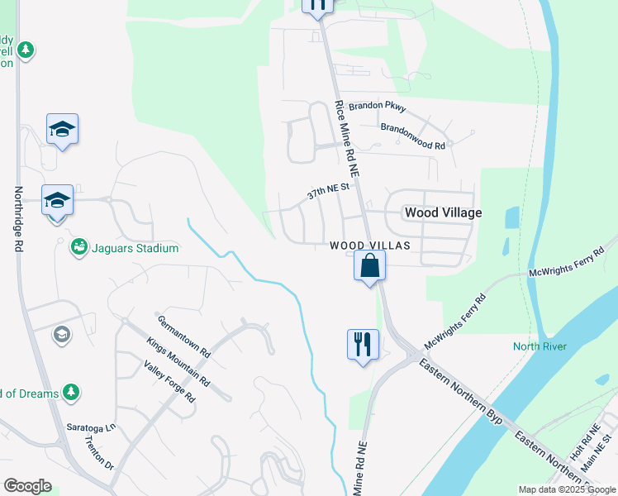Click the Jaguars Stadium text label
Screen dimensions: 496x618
135,248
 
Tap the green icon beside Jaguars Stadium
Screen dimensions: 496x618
79,247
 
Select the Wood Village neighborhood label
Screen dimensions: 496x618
443,212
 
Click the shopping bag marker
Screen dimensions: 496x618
369,266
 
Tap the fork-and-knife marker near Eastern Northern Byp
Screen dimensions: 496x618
363,344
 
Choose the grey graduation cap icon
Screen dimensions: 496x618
61,334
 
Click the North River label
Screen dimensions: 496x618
540,346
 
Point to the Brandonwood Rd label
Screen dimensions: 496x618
413,136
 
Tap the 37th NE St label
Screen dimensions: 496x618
330,192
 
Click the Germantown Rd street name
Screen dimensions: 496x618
184,336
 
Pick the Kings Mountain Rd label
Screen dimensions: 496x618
178,361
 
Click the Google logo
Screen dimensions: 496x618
27,486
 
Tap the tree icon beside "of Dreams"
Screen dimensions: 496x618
72,392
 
